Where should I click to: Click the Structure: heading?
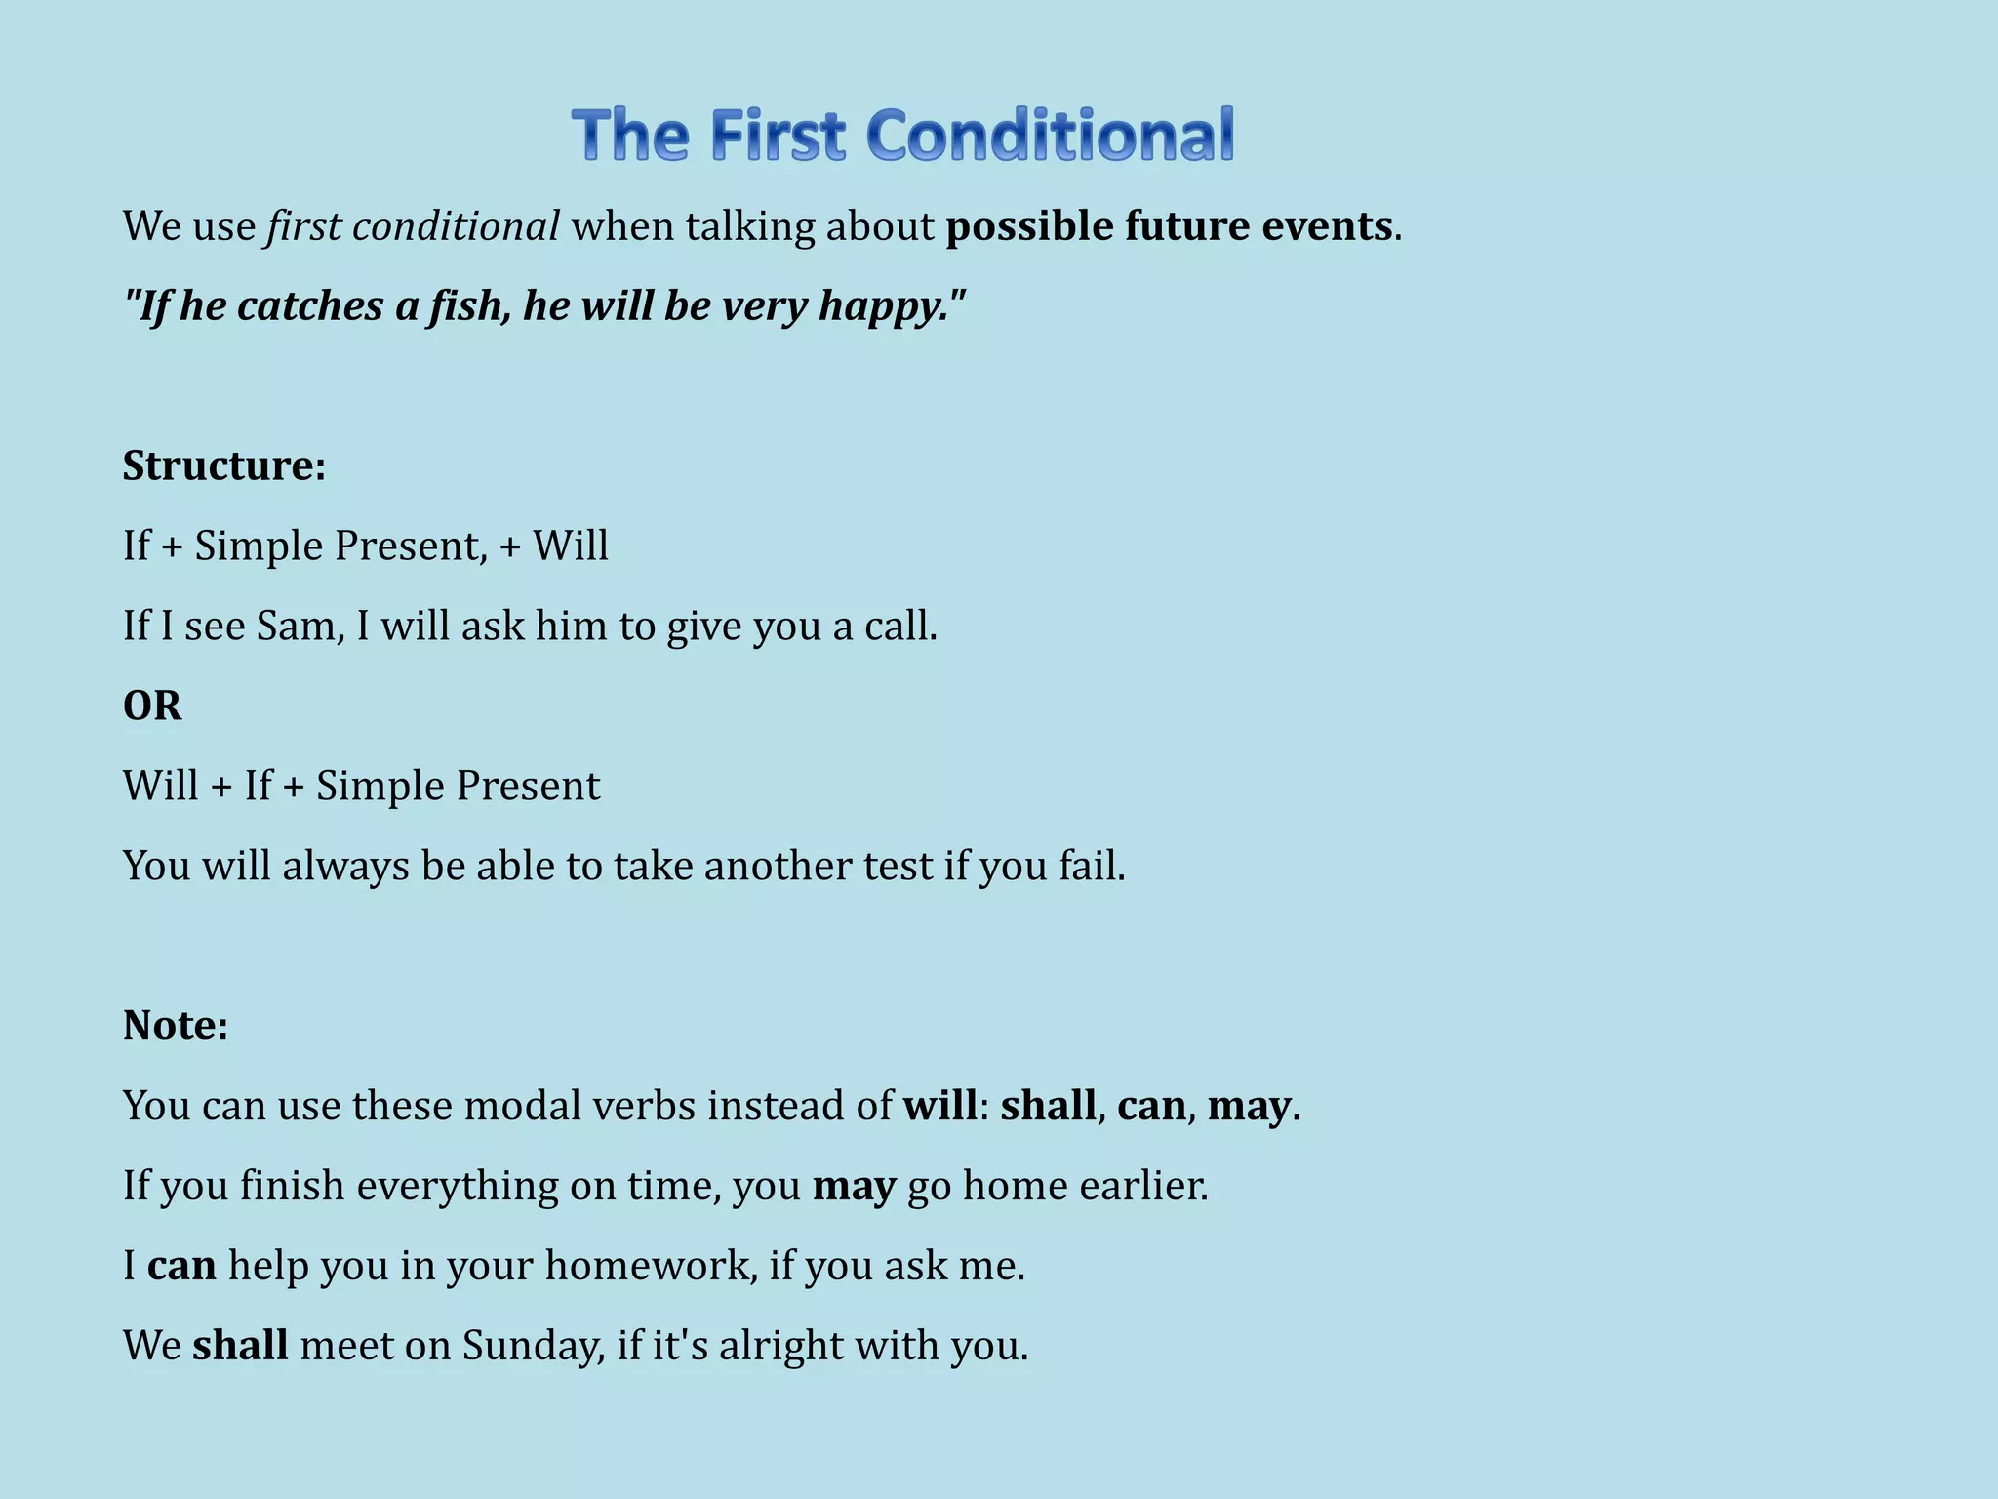223,466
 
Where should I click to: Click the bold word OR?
152,706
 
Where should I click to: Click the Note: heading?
176,1026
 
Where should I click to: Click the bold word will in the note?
939,1106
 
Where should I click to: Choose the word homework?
651,1266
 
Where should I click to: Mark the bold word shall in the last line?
240,1346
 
